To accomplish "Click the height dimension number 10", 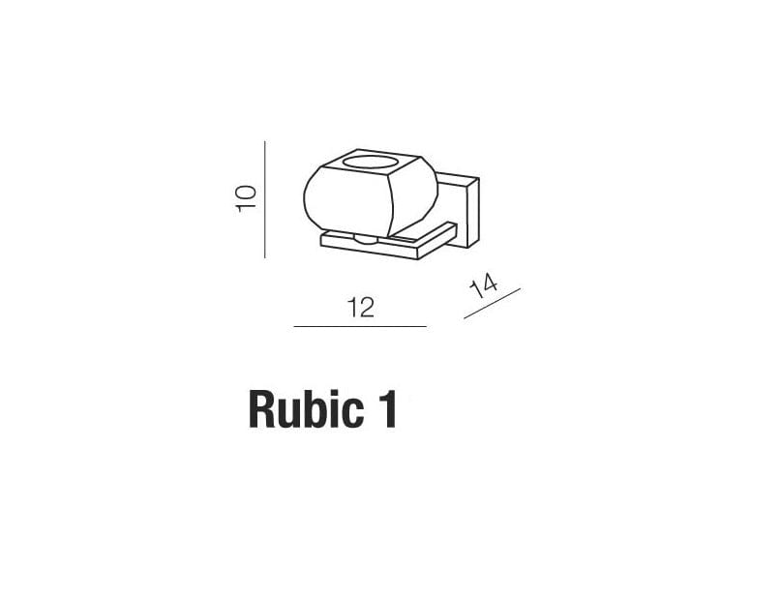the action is (x=247, y=198).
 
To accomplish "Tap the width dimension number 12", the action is (x=361, y=308).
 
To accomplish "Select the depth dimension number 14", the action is (x=483, y=286).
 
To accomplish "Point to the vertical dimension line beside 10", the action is (x=265, y=199).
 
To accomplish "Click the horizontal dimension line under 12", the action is (x=360, y=327).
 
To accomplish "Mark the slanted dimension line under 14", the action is (x=493, y=303).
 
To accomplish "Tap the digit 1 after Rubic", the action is (x=388, y=410).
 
